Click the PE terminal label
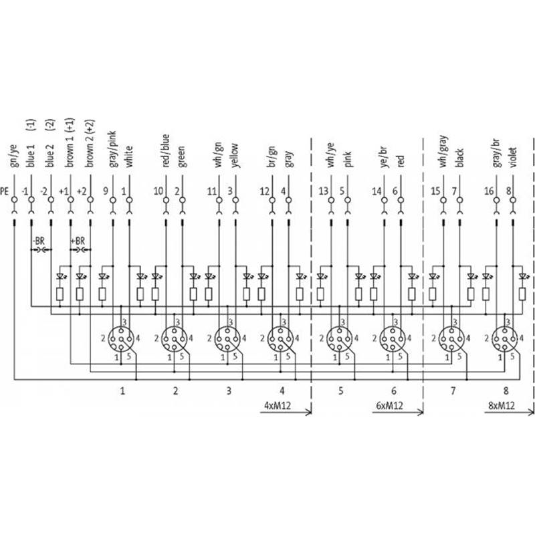5,191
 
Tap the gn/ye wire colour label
14,156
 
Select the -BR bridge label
39,241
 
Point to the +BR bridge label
78,241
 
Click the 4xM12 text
278,405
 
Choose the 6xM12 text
389,405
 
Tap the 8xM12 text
501,405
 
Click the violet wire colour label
513,157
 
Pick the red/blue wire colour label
166,150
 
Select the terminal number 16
489,191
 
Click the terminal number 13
323,191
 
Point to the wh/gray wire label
443,151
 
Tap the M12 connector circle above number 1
121,339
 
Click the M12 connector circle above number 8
505,339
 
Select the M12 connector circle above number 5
340,339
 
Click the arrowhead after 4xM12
310,412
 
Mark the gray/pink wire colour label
112,149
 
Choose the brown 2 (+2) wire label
90,143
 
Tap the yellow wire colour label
235,156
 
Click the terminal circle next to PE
14,200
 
